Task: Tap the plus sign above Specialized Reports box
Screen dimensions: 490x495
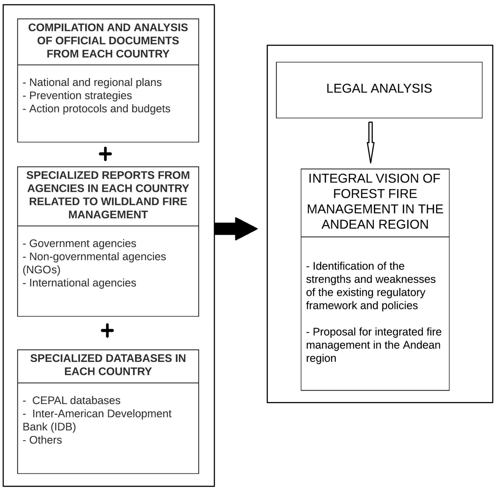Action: pyautogui.click(x=105, y=154)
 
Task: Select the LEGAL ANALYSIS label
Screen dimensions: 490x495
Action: pyautogui.click(x=379, y=89)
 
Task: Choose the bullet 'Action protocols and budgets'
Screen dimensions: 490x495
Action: pyautogui.click(x=99, y=109)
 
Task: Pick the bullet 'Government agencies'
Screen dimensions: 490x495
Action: pyautogui.click(x=82, y=243)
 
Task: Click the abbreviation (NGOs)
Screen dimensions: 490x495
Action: pyautogui.click(x=42, y=270)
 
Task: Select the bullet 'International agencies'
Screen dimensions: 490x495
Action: pyautogui.click(x=82, y=283)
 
